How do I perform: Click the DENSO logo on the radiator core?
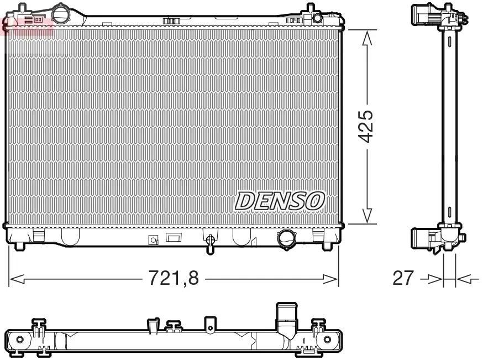coord(280,201)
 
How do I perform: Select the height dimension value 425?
coord(366,127)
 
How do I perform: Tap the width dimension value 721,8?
coord(174,278)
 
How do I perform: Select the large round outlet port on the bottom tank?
coord(287,238)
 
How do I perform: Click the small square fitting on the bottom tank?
coord(153,240)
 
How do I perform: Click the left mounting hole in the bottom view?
coord(20,339)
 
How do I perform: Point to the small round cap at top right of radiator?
coord(317,18)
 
